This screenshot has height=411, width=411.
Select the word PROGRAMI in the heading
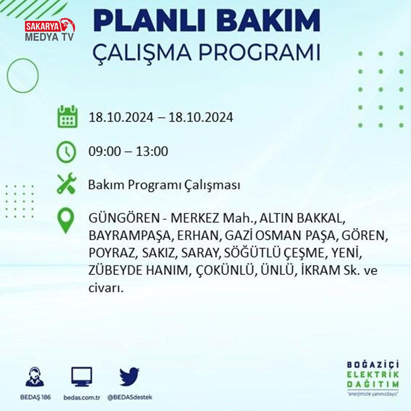(x=259, y=53)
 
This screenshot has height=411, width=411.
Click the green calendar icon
(x=67, y=116)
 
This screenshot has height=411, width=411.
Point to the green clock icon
(x=66, y=152)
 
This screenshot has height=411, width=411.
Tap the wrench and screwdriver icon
(x=67, y=183)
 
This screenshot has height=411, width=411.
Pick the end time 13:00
(x=152, y=152)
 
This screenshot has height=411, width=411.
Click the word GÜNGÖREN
(x=124, y=218)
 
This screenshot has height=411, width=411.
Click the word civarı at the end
(x=106, y=288)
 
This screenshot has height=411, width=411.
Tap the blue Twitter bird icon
(x=129, y=376)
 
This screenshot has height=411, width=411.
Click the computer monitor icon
(x=81, y=376)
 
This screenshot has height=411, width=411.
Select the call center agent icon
(x=35, y=376)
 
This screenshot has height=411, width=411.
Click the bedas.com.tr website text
(x=81, y=397)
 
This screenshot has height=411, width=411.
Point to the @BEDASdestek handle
(x=130, y=397)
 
